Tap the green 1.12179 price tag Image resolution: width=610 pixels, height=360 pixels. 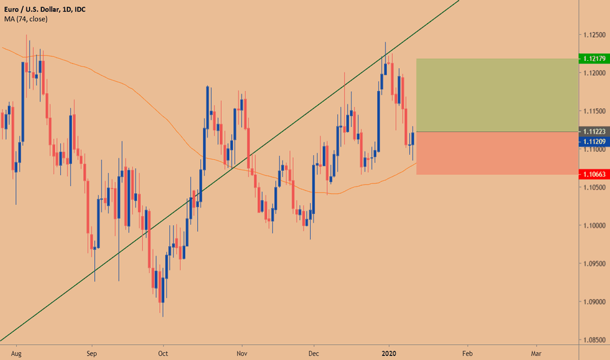(x=594, y=59)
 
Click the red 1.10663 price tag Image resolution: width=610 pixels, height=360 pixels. (x=594, y=175)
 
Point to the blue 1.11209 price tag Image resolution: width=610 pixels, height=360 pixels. (x=594, y=141)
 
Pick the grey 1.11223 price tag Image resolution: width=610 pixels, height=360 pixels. (x=594, y=131)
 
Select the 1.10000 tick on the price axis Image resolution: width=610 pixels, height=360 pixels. (x=594, y=226)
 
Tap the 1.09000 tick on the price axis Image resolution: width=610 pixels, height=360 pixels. (x=594, y=302)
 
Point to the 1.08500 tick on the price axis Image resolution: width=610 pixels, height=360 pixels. (x=594, y=340)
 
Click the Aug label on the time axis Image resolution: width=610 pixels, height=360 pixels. (x=18, y=351)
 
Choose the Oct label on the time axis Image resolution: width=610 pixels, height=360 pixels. (x=164, y=351)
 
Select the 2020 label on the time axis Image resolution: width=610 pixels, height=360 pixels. (x=389, y=351)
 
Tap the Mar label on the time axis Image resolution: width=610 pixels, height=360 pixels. (x=536, y=351)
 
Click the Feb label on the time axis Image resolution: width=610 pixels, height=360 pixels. (x=466, y=351)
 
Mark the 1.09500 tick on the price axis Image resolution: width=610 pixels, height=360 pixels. (x=594, y=264)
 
